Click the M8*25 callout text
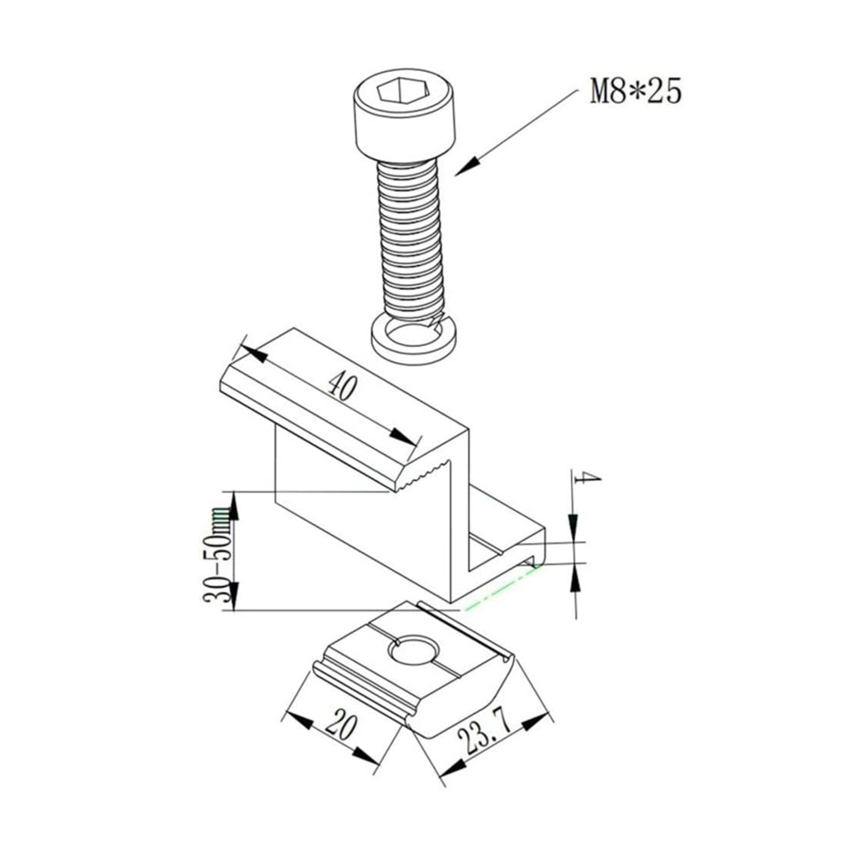(x=636, y=91)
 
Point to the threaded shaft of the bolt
(x=410, y=240)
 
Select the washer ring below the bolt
(x=413, y=341)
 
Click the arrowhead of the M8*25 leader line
(x=467, y=166)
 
